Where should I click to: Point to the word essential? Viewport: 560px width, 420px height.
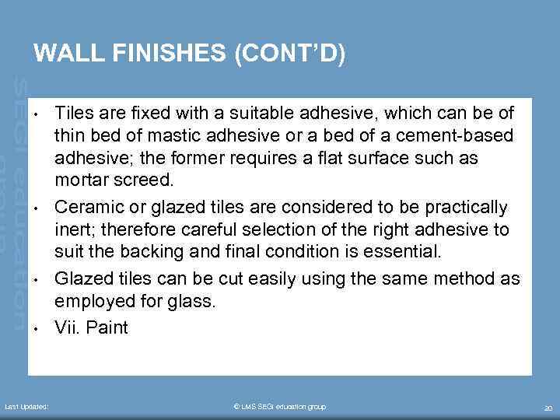(406, 253)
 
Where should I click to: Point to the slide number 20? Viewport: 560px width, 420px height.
(548, 408)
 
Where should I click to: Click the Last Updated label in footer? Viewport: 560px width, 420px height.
(26, 407)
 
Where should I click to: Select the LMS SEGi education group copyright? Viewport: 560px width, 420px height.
(279, 407)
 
